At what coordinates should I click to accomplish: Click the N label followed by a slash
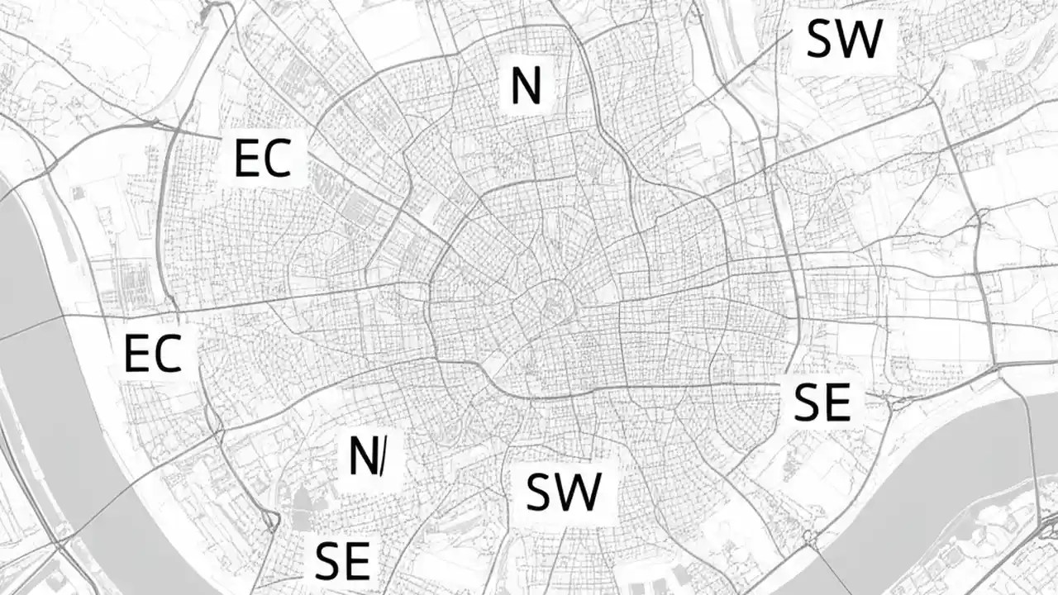click(x=365, y=456)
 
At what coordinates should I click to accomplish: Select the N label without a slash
click(x=526, y=86)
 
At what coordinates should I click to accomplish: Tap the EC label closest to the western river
click(x=152, y=354)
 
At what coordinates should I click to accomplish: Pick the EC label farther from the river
click(x=263, y=159)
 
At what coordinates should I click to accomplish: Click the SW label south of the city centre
click(x=563, y=492)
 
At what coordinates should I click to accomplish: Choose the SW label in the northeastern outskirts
click(x=844, y=39)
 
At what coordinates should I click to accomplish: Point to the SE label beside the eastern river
click(x=822, y=404)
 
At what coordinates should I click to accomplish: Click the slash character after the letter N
click(x=380, y=457)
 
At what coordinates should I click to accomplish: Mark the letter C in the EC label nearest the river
click(x=167, y=354)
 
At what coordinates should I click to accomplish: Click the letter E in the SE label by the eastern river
click(x=837, y=404)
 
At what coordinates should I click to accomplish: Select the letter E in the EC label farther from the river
click(x=247, y=159)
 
